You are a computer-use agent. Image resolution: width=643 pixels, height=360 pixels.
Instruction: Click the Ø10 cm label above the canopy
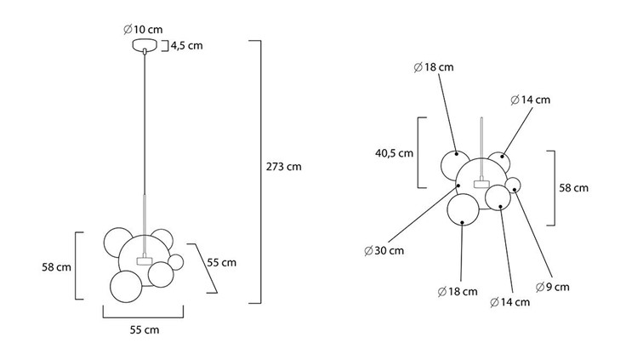[x=143, y=30]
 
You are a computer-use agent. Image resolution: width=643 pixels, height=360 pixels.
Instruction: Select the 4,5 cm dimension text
[x=186, y=46]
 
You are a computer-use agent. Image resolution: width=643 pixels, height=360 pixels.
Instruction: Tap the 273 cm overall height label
[x=284, y=167]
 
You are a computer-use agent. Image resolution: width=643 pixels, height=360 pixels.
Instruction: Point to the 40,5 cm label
[x=394, y=153]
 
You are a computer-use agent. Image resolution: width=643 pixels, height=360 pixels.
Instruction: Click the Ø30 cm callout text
[x=384, y=250]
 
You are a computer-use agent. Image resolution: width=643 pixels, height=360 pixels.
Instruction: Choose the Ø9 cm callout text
[x=553, y=287]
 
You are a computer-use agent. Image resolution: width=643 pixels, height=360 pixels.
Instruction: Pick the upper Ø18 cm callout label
[x=434, y=67]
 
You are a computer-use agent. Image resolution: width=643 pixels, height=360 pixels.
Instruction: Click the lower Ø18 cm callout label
[x=458, y=292]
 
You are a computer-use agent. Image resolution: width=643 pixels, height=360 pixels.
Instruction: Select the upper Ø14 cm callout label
[x=530, y=100]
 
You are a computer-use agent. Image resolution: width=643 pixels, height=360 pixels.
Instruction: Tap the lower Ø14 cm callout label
[x=510, y=302]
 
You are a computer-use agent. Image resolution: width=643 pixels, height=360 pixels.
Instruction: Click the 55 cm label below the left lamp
[x=145, y=330]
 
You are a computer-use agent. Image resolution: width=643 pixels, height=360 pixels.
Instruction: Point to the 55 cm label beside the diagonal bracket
[x=221, y=263]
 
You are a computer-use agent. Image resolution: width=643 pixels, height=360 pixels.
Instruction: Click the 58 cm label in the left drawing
[x=57, y=267]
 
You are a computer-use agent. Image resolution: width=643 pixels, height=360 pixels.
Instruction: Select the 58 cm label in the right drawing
[x=574, y=188]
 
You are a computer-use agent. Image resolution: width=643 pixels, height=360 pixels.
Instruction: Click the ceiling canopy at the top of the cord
[x=145, y=45]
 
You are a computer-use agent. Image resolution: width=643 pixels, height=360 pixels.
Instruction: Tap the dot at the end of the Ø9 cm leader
[x=515, y=190]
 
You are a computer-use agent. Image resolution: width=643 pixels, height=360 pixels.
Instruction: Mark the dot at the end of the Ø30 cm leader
[x=458, y=186]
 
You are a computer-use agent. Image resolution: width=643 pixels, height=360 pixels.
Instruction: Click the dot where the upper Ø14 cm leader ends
[x=502, y=157]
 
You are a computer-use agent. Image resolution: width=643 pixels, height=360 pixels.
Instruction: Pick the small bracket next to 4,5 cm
[x=165, y=46]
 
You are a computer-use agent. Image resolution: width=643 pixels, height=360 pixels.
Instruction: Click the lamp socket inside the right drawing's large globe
[x=481, y=183]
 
